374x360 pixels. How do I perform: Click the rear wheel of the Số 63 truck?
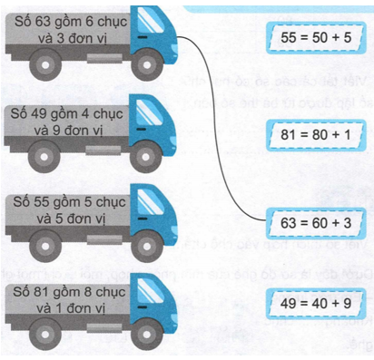[x=42, y=67]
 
